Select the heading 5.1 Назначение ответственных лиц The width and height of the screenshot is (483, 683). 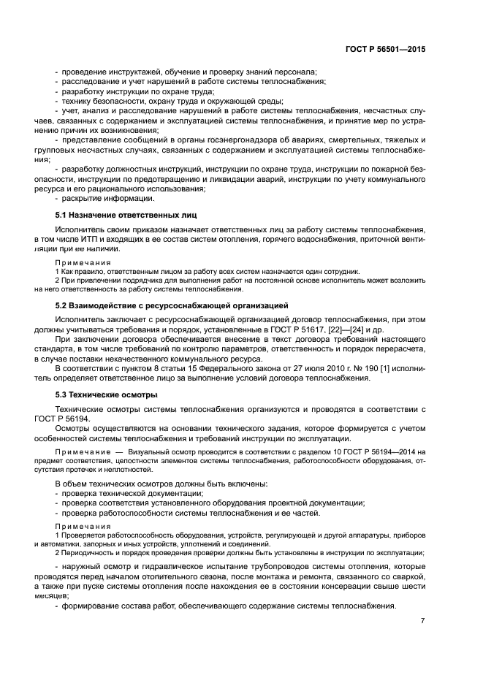click(126, 215)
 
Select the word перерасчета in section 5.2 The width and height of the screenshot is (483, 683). click(400, 349)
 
